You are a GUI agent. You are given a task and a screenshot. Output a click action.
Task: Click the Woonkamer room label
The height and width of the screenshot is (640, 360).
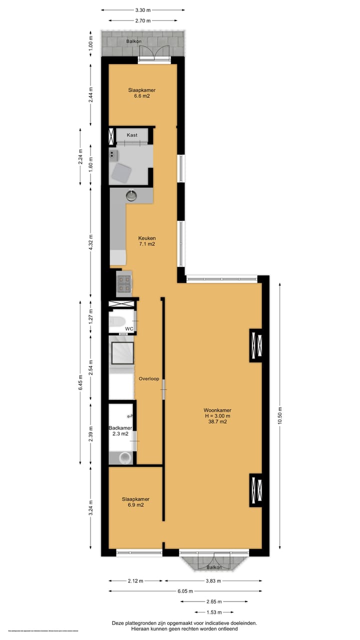click(x=217, y=410)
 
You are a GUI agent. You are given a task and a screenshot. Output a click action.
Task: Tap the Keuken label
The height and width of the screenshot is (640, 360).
click(x=147, y=238)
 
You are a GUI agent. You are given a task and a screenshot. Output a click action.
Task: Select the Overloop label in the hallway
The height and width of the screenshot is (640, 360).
click(x=149, y=378)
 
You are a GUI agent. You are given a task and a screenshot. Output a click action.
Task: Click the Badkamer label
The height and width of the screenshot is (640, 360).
click(x=120, y=428)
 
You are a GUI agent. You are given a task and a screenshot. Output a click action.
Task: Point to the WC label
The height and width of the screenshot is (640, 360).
click(x=129, y=328)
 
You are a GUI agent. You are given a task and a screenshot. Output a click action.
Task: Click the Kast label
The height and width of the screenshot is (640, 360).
click(x=132, y=135)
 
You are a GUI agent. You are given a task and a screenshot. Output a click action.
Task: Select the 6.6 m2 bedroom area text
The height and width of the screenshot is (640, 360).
click(x=138, y=96)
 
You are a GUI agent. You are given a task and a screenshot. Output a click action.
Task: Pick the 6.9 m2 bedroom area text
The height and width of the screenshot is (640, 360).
click(x=135, y=505)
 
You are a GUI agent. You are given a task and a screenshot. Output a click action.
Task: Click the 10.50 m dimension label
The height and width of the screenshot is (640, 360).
click(x=280, y=414)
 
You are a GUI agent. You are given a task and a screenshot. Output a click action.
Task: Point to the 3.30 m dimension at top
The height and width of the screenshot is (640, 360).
click(x=142, y=9)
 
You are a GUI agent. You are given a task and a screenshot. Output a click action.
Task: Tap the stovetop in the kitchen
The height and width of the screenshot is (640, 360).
click(x=123, y=283)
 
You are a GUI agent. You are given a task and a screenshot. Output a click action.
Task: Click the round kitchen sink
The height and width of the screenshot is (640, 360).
click(x=131, y=195)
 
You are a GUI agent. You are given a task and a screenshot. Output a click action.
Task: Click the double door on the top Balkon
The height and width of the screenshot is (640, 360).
click(x=153, y=52)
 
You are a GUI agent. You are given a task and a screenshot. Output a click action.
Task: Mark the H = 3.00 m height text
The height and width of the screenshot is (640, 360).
click(x=217, y=416)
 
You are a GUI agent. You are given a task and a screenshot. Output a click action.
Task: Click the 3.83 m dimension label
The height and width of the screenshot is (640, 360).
click(x=213, y=581)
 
